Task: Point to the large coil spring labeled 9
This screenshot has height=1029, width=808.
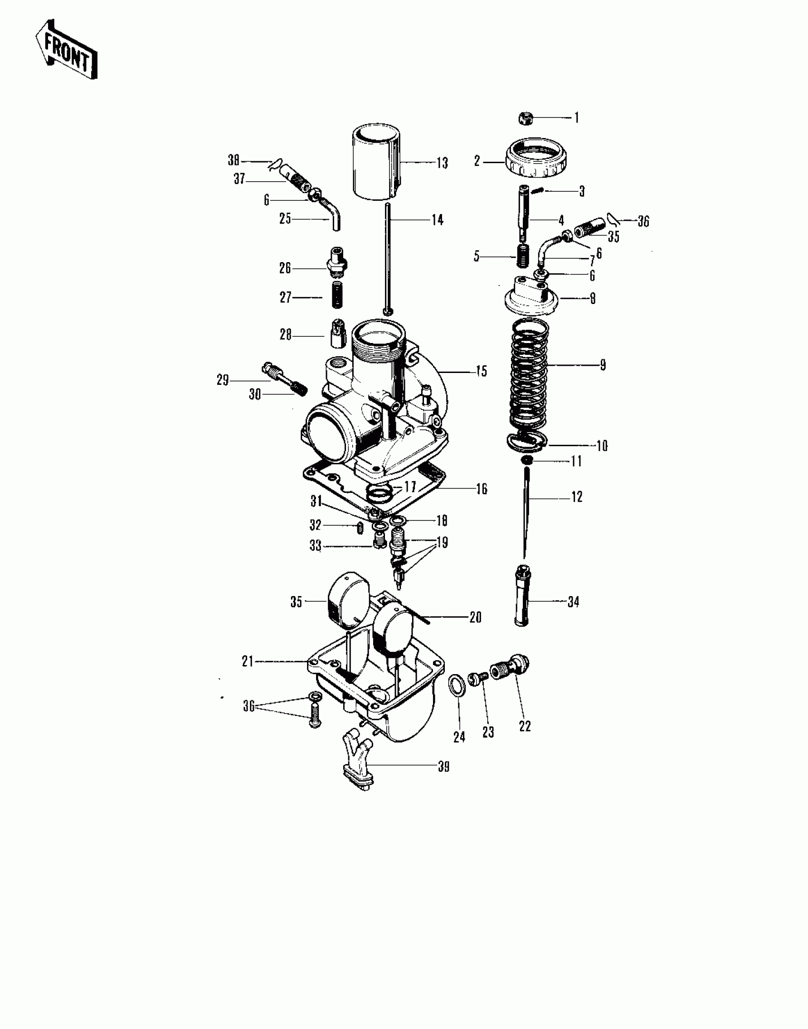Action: click(x=529, y=373)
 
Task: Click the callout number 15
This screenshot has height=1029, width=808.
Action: click(x=481, y=371)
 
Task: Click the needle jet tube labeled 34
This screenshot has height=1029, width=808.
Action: click(x=522, y=595)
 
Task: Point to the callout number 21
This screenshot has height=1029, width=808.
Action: click(x=248, y=661)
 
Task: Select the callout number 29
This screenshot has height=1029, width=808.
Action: click(x=222, y=380)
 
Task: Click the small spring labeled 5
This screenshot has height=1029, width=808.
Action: click(x=523, y=257)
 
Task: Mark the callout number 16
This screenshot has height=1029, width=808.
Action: click(x=481, y=489)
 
